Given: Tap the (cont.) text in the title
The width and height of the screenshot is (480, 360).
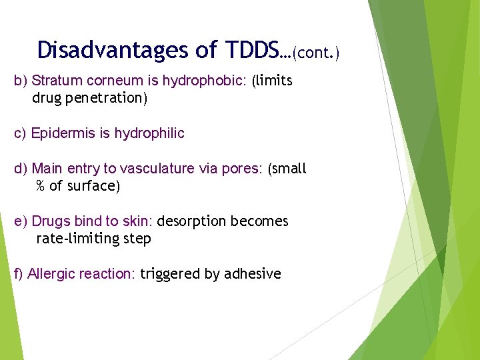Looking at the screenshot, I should coord(315,52).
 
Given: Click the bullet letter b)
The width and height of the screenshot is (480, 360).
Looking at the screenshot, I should coord(21,81).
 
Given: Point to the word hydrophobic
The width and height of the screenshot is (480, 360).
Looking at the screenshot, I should coord(213,81).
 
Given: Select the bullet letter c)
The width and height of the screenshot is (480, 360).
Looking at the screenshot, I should coord(21,133).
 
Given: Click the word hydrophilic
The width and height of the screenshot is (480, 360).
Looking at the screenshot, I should coord(149,133).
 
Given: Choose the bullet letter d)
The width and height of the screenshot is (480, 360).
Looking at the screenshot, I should coord(21,169).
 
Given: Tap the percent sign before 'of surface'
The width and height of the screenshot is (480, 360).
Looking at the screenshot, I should coord(41,186).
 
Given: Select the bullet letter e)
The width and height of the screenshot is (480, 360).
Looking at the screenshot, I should coord(21,221).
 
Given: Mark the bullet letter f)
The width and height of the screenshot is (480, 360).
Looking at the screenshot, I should coord(19,274).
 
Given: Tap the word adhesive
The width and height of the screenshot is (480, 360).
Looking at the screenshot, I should coord(253,274).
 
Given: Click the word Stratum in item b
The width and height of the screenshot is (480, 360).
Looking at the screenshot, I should coord(55,81).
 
